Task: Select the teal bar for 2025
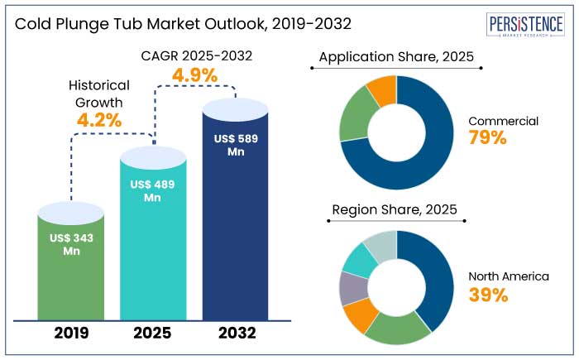(154, 248)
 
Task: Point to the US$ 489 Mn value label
(152, 191)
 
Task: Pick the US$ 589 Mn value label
(236, 145)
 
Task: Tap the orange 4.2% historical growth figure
(99, 119)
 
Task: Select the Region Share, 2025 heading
(395, 209)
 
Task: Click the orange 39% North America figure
(487, 295)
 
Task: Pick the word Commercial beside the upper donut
(503, 121)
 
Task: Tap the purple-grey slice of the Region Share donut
(352, 288)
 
